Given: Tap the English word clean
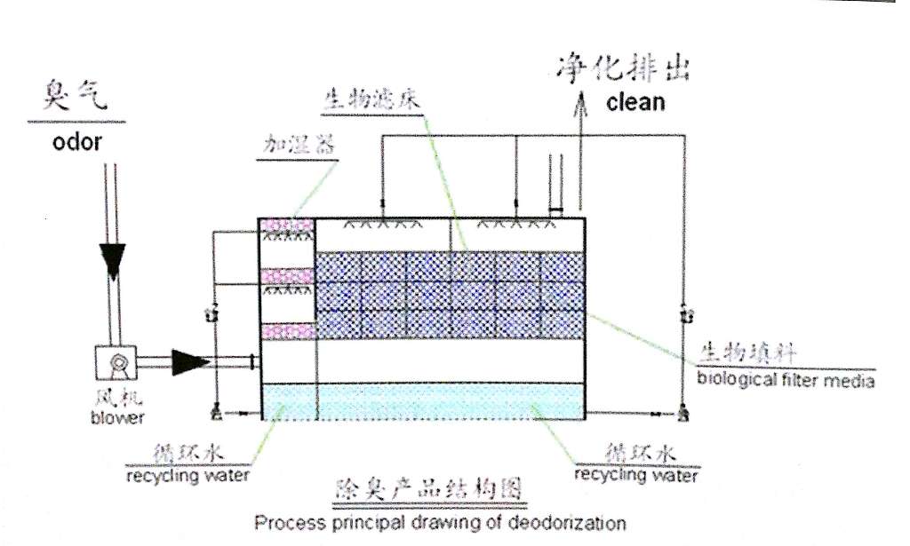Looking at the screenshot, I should (635, 101).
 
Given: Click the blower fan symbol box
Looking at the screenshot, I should (115, 362).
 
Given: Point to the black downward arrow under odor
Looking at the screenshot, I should (114, 257).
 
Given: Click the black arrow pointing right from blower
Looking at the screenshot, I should (189, 361).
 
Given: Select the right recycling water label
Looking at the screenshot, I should (635, 474).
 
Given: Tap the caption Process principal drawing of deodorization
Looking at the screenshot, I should (440, 522).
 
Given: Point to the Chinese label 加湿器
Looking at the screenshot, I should (298, 144).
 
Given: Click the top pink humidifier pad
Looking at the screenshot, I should (286, 226).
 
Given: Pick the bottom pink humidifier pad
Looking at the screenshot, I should (286, 331).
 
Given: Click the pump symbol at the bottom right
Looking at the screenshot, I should (683, 412).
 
